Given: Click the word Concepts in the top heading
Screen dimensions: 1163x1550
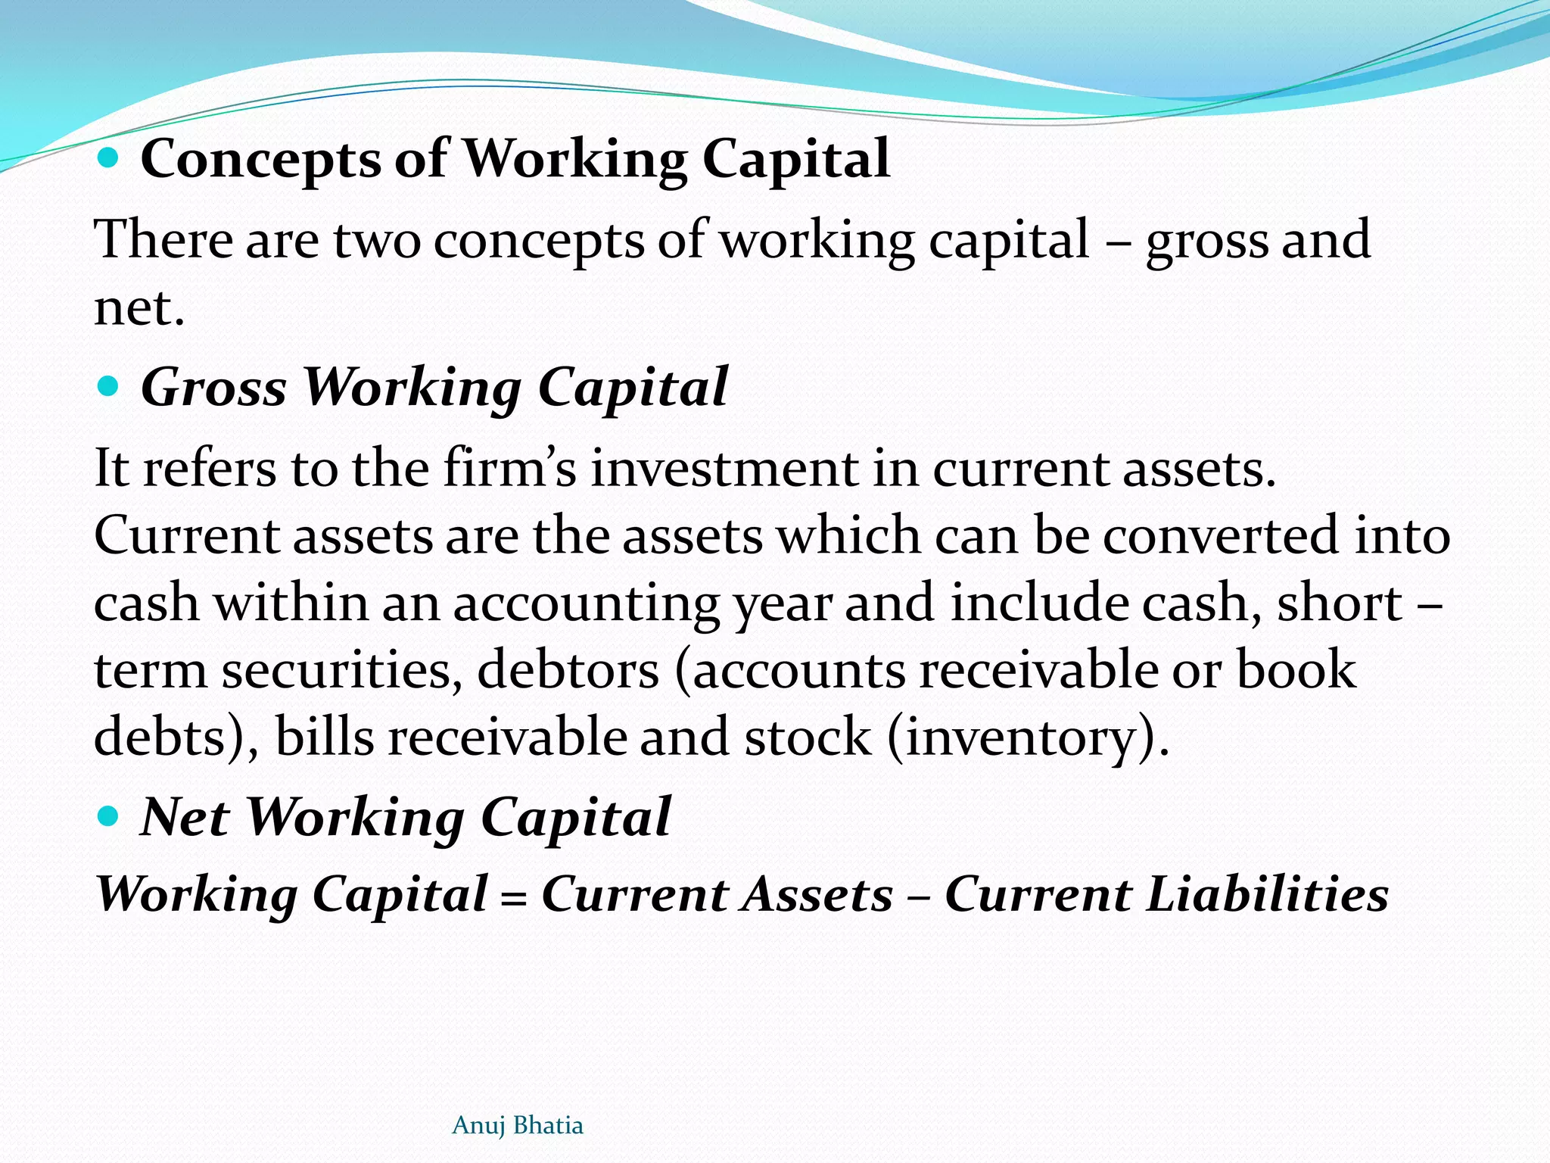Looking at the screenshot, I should pos(260,160).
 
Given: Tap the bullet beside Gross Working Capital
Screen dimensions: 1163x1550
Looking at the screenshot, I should pos(109,387).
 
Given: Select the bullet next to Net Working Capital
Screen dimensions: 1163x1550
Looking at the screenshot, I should pos(109,816).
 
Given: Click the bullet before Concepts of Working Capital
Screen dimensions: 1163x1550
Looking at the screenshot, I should pos(109,158).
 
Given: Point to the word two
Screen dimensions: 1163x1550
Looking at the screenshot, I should pos(376,240).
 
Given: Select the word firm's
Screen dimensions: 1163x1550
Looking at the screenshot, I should pos(509,468).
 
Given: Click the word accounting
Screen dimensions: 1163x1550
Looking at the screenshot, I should pos(587,604).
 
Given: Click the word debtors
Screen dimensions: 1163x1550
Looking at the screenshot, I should pos(568,670).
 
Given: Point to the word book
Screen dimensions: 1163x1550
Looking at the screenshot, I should pos(1296,670).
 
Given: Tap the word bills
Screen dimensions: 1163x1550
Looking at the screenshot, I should pos(324,737).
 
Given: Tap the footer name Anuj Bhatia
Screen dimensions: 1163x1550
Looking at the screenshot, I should pos(518,1125).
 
